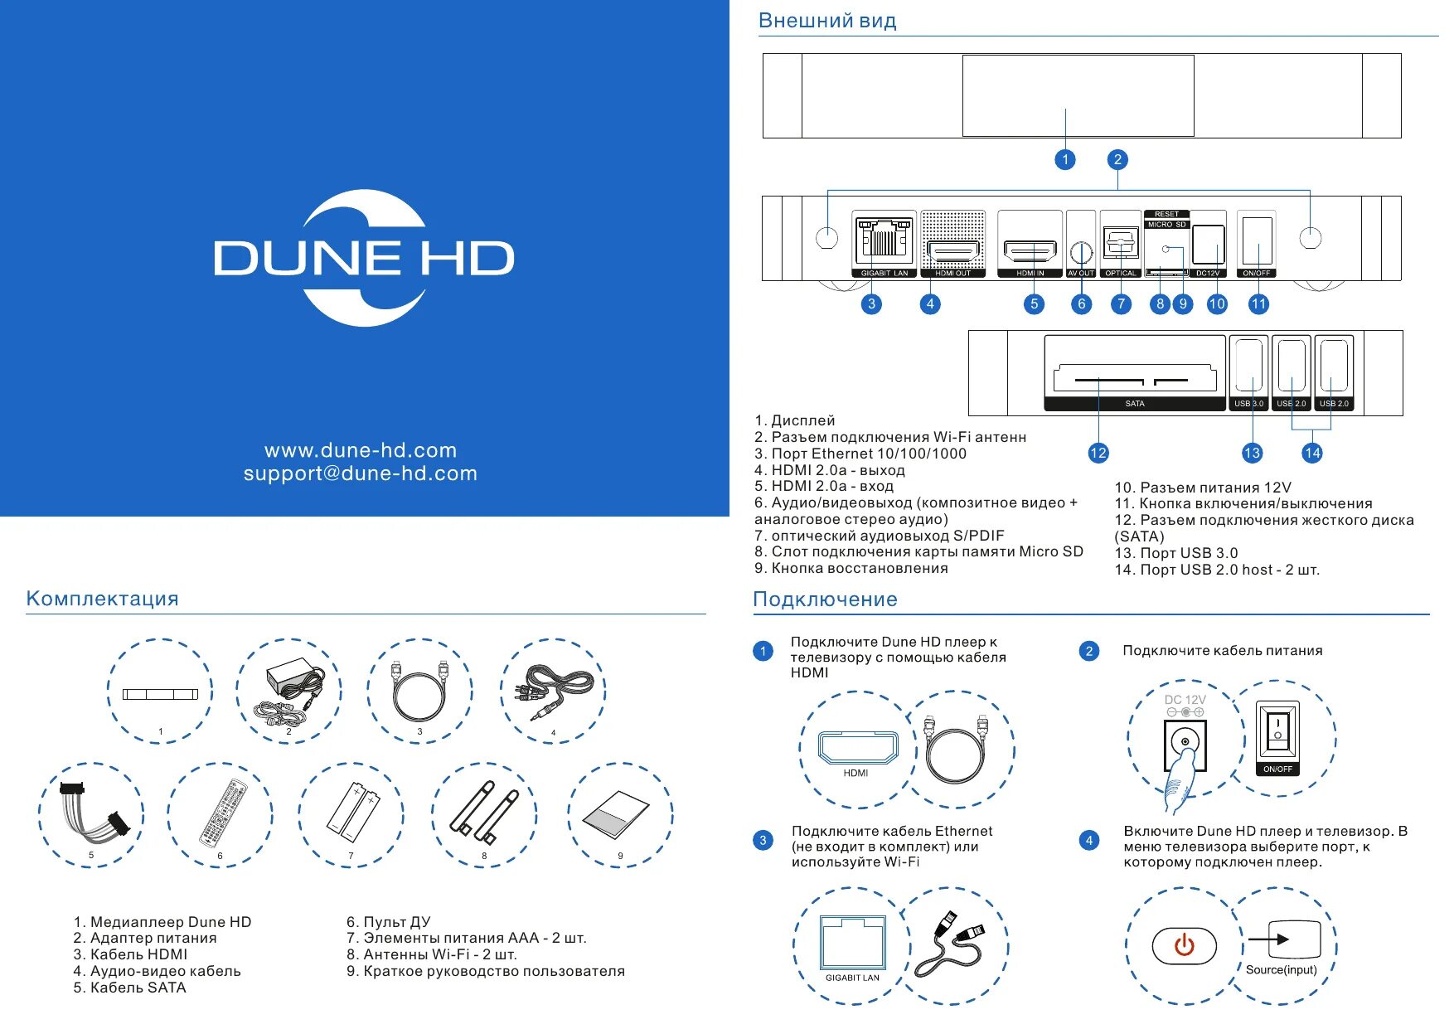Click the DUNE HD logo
[x=364, y=257]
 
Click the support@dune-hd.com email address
[x=360, y=473]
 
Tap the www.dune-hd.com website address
[x=360, y=450]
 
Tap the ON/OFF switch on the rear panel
[x=1256, y=241]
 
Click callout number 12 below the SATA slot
[x=1098, y=453]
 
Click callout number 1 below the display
[x=1065, y=160]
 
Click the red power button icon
[x=1184, y=945]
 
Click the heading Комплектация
[x=102, y=599]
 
